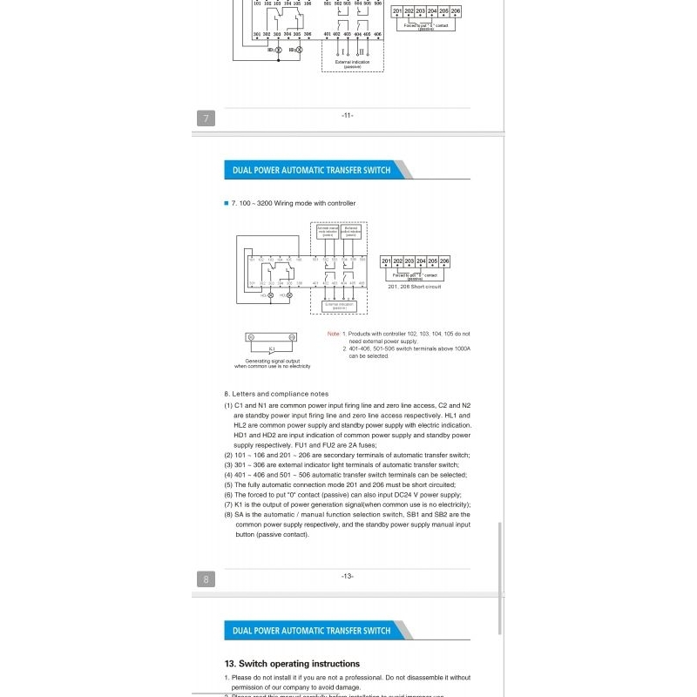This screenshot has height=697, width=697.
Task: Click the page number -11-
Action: tap(347, 116)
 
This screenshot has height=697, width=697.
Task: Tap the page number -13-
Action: tap(347, 576)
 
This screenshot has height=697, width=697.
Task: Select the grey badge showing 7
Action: tap(206, 118)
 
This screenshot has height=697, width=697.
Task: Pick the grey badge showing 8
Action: tap(206, 579)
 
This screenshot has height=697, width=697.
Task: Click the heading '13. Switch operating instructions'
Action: tap(292, 663)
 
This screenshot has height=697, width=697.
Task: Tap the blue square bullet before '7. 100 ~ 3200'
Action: tap(226, 203)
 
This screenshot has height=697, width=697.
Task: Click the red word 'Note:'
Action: tap(333, 334)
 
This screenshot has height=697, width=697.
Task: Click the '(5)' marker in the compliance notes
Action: tap(228, 484)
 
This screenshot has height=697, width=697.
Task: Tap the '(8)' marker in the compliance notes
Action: tap(228, 514)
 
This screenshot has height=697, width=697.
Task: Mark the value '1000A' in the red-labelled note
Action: tap(458, 348)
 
